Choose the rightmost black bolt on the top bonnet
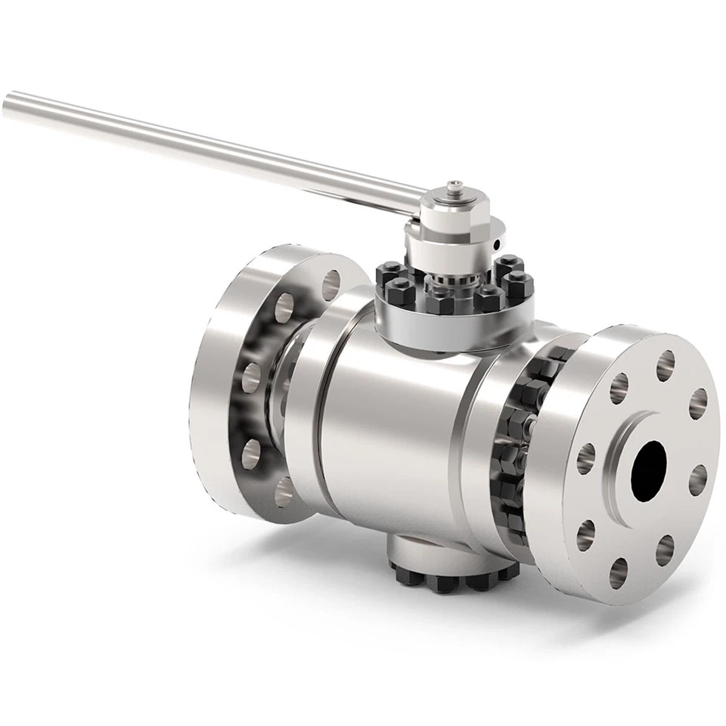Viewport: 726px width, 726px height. pyautogui.click(x=518, y=287)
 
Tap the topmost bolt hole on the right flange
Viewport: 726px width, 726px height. pyautogui.click(x=665, y=365)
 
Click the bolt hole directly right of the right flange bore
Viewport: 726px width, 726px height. pyautogui.click(x=698, y=479)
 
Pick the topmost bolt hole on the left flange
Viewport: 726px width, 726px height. pyautogui.click(x=331, y=284)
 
